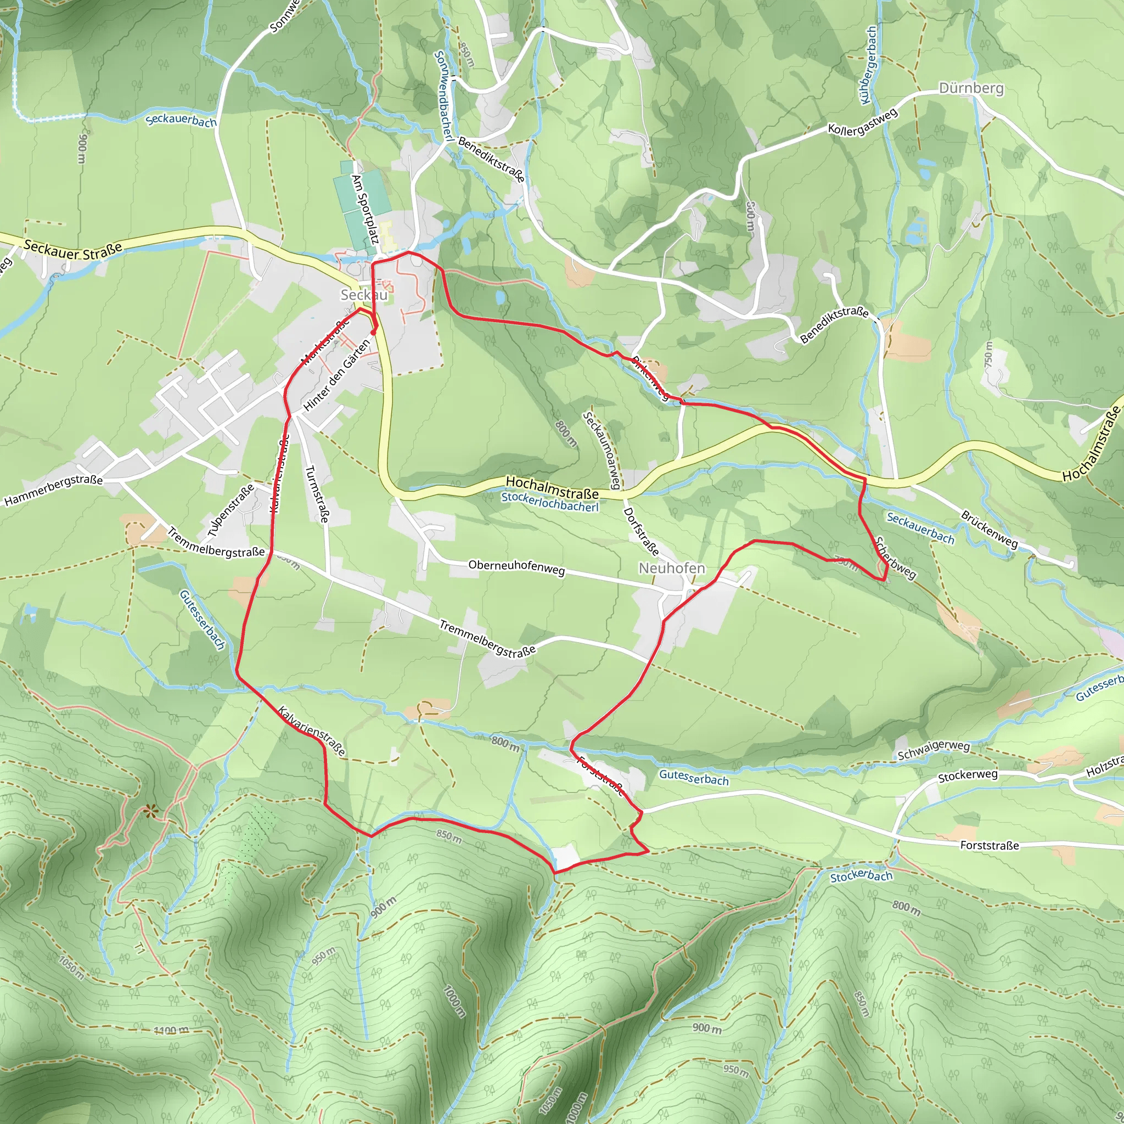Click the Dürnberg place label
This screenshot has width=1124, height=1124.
point(971,88)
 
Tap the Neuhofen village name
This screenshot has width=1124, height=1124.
point(671,568)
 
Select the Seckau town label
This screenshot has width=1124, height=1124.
point(364,295)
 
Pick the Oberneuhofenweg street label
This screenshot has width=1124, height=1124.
point(516,567)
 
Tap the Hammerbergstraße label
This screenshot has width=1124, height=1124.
point(54,491)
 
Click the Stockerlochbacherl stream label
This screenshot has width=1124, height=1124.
point(550,503)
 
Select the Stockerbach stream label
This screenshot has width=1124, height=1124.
point(861,876)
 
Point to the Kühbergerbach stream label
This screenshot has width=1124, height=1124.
point(867,65)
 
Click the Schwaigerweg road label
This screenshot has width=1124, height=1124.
point(933,750)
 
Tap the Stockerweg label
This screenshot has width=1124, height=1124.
point(968,775)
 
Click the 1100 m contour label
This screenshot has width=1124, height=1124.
point(171,1031)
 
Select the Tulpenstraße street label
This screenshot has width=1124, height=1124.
point(231,510)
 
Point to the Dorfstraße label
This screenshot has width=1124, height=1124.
point(640,531)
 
